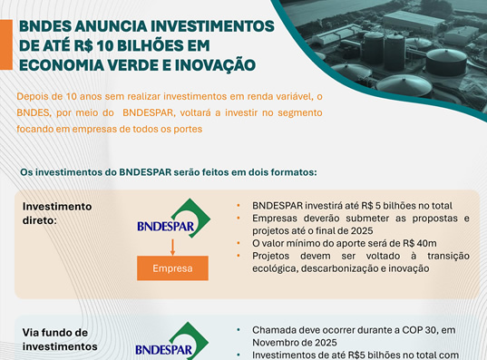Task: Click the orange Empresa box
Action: [x=172, y=268]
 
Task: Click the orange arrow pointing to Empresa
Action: [x=172, y=247]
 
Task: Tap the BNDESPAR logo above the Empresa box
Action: [x=173, y=219]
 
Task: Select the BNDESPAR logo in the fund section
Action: [x=171, y=341]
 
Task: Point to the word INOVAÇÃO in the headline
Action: [x=215, y=66]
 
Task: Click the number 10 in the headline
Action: [x=105, y=46]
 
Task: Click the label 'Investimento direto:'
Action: [x=57, y=213]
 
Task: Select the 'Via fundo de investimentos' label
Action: [x=60, y=339]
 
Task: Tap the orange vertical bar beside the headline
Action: [x=6, y=44]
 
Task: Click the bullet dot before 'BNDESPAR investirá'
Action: [x=239, y=206]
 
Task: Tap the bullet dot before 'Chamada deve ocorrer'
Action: [x=239, y=330]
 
